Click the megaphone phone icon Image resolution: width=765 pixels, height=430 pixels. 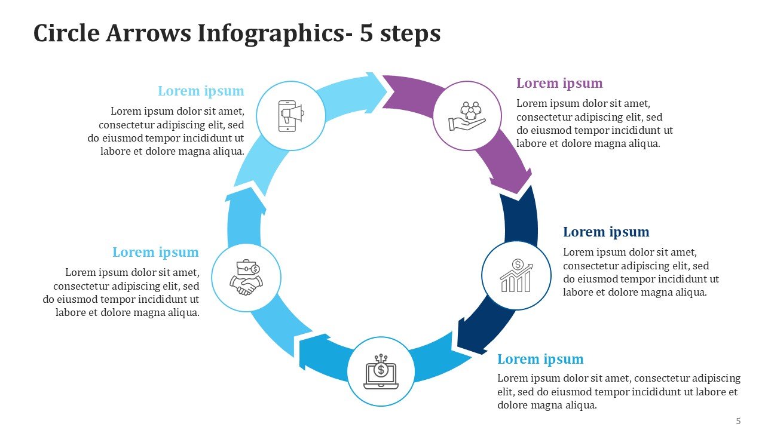tap(290, 115)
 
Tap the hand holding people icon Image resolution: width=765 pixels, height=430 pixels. tap(467, 116)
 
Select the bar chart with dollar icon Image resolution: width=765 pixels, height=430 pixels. tap(516, 276)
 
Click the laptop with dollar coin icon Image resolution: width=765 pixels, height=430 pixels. tap(381, 371)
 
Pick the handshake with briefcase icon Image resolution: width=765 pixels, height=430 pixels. tap(246, 278)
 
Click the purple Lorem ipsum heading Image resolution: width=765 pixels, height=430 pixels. tap(559, 83)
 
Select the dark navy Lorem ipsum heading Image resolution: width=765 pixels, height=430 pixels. tap(606, 232)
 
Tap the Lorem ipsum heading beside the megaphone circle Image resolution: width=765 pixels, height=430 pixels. tap(201, 91)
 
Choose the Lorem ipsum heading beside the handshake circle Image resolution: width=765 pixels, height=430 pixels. tap(155, 252)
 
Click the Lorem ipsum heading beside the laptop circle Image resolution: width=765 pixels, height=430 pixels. tap(540, 359)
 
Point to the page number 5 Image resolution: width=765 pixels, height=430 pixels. tap(738, 421)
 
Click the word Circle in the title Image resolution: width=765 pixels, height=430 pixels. tap(66, 33)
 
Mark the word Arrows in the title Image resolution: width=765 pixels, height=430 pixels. tap(149, 33)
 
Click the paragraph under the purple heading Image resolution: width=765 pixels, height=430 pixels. tap(594, 123)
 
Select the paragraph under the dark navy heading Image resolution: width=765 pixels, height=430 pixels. tap(641, 272)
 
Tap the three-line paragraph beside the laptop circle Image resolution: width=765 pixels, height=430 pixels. tap(619, 392)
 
